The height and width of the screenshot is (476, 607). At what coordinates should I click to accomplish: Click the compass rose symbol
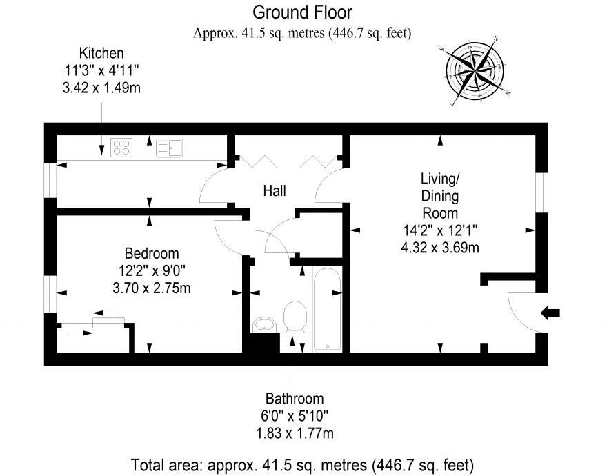pos(475,70)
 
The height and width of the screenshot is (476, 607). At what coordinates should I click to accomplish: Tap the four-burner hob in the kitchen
pos(121,148)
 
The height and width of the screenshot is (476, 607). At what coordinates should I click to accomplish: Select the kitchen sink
pos(170,148)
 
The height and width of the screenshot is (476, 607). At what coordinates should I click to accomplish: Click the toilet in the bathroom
pos(295,317)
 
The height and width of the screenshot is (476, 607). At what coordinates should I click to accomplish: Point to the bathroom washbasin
pos(264,324)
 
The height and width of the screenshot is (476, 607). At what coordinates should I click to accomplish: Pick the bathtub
pos(327,310)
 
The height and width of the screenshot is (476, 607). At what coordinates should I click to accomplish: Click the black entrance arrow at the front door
pos(550,313)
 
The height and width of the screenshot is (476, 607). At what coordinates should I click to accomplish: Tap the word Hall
pos(275,191)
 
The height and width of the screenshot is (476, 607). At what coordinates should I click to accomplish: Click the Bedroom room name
pos(152,254)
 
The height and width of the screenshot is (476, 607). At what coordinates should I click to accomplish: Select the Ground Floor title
pos(302,12)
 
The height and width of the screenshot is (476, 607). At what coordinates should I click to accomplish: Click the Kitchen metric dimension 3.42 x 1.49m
pos(101,88)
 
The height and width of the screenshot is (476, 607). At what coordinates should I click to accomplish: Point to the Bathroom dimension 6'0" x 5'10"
pos(295,416)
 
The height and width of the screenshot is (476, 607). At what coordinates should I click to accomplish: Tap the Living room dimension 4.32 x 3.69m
pos(440,248)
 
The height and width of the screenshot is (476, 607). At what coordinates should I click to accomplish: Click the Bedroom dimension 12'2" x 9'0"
pos(152,271)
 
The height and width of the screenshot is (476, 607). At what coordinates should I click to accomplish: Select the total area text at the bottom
pos(302,464)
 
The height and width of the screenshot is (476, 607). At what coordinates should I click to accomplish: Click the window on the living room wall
pos(542,192)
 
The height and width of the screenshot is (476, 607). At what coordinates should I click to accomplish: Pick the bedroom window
pos(50,294)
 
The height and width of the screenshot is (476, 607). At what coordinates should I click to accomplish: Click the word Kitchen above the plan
pos(101,53)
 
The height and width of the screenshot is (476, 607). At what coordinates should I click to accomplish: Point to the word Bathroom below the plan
pos(295,399)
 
